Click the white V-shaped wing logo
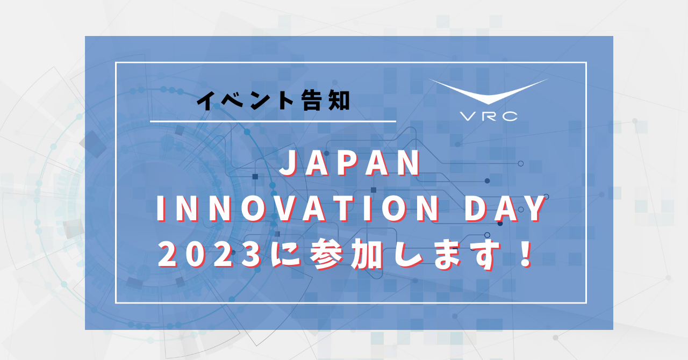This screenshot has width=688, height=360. tap(488, 91)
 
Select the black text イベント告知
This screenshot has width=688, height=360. tap(273, 100)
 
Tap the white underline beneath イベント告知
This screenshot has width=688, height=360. tap(273, 121)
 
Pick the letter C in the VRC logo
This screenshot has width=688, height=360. tap(510, 116)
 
